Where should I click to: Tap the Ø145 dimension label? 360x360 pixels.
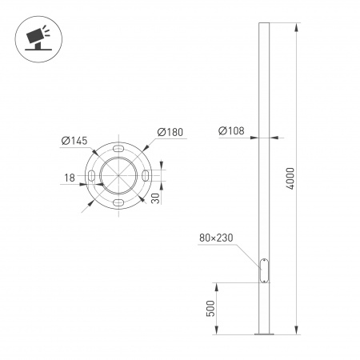pyautogui.click(x=74, y=142)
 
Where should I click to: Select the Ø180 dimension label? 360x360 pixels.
pyautogui.click(x=169, y=132)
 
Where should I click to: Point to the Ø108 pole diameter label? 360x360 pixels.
pyautogui.click(x=231, y=132)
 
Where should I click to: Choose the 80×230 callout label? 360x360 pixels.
pyautogui.click(x=216, y=238)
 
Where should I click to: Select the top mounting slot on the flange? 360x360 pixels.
pyautogui.click(x=118, y=149)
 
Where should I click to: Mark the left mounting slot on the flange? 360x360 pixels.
pyautogui.click(x=91, y=176)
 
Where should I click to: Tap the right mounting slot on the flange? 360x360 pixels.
pyautogui.click(x=146, y=176)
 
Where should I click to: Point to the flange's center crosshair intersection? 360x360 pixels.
pyautogui.click(x=118, y=176)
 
